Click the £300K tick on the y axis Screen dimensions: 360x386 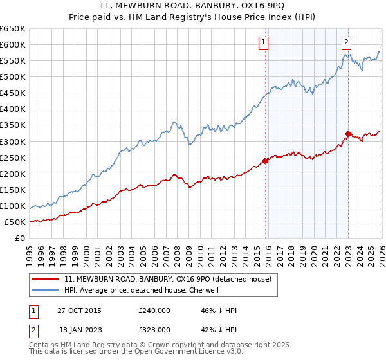(12, 141)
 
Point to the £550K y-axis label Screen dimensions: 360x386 (12, 61)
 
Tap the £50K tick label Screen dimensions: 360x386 (15, 222)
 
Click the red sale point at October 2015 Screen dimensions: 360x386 (265, 161)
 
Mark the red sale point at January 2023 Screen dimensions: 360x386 (348, 134)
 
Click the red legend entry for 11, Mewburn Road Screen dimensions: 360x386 (168, 279)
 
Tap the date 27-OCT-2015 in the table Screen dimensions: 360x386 (79, 310)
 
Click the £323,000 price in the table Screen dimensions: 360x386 (154, 330)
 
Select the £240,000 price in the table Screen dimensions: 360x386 (154, 310)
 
